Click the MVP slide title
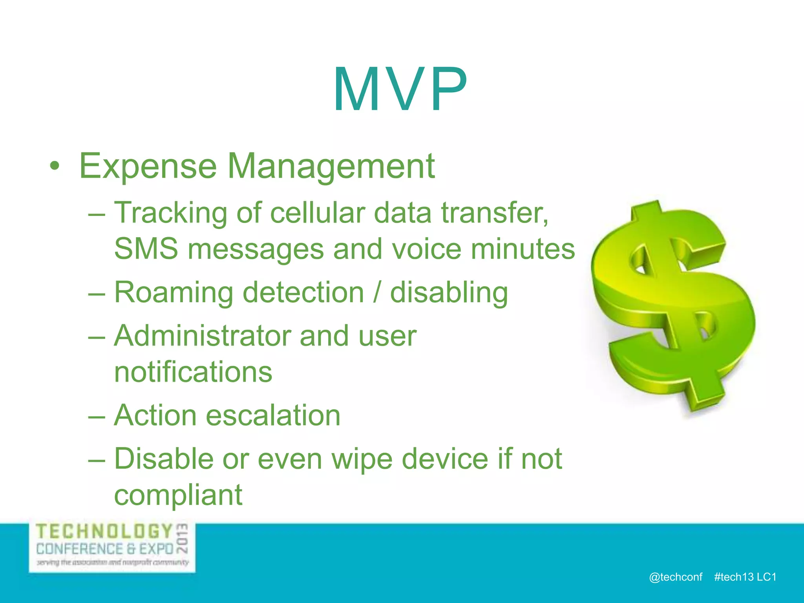click(400, 90)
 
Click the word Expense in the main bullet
click(148, 166)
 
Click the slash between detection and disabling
click(377, 293)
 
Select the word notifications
click(193, 372)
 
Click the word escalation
click(273, 415)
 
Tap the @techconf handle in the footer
click(675, 577)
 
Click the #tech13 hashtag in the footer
click(733, 577)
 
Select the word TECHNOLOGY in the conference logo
click(104, 532)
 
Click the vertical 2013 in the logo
click(183, 538)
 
